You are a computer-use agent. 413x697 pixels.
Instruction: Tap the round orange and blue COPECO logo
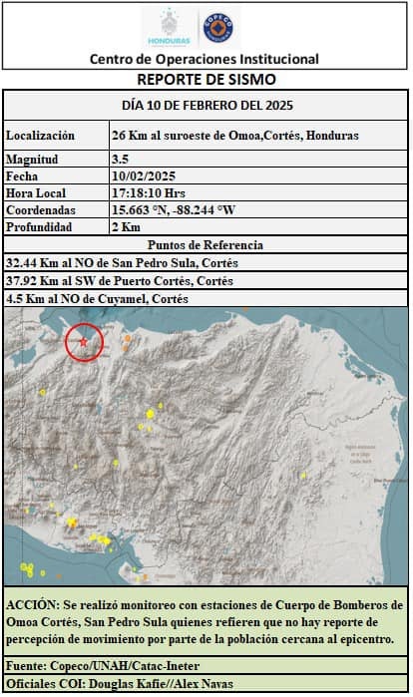pyautogui.click(x=220, y=26)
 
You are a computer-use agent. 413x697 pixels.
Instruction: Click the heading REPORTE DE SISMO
pyautogui.click(x=206, y=79)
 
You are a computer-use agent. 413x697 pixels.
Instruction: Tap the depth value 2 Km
pyautogui.click(x=127, y=227)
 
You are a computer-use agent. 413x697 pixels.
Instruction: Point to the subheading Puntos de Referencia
pyautogui.click(x=206, y=245)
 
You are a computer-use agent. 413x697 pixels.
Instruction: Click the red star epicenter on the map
pyautogui.click(x=84, y=342)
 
